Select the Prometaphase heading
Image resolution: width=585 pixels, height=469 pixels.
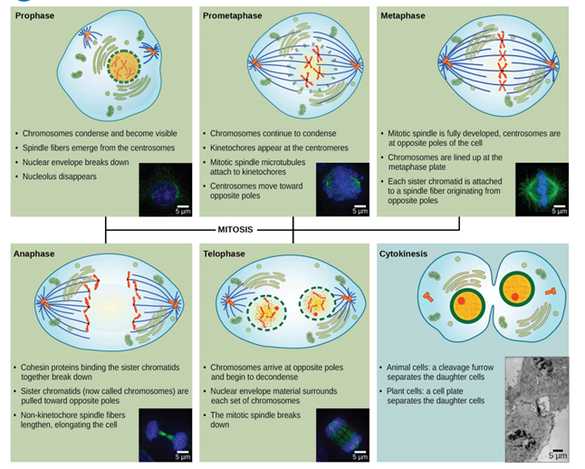point(232,16)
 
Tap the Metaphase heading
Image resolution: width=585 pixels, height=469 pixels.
point(404,16)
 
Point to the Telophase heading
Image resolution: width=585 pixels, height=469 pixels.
point(225,254)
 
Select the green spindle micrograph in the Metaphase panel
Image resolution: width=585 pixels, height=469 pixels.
point(541,189)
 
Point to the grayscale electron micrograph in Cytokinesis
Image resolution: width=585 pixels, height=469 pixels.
point(538,407)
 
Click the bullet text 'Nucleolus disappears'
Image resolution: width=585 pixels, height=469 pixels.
point(59,176)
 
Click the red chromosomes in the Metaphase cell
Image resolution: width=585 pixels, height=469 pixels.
point(501,60)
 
